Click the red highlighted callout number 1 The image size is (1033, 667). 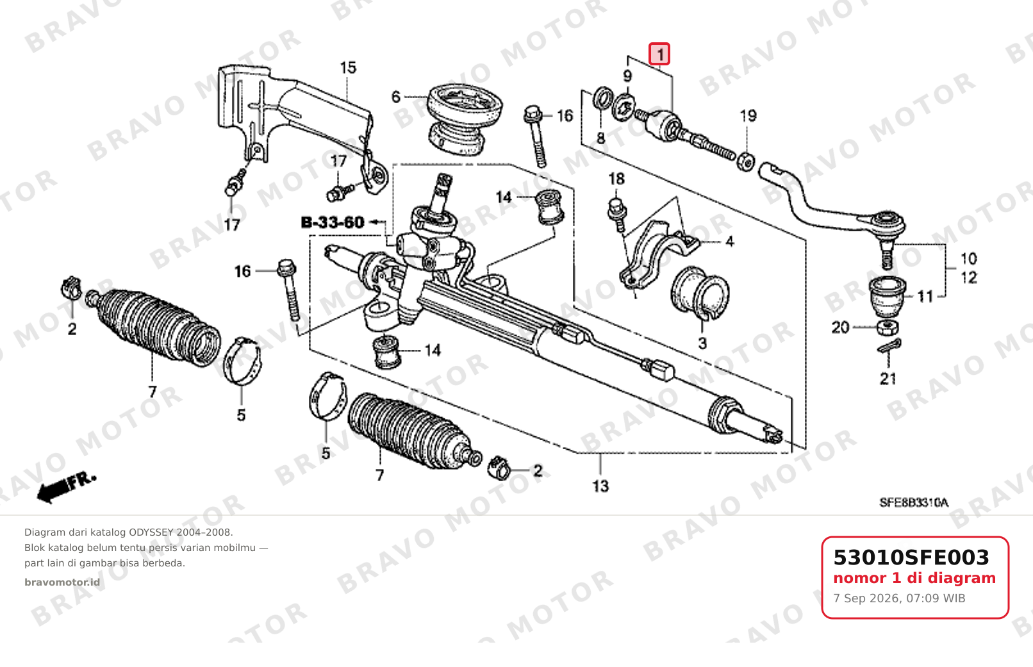tap(659, 54)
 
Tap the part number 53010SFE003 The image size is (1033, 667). tap(911, 557)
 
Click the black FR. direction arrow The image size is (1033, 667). tap(66, 487)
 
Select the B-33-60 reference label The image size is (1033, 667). tap(333, 222)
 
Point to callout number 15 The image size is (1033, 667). tap(348, 68)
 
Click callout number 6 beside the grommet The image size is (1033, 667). tap(396, 97)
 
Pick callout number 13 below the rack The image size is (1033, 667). tap(600, 486)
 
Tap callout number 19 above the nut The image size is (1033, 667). tap(748, 115)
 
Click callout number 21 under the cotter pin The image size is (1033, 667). tap(888, 379)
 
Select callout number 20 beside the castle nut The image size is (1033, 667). tap(840, 327)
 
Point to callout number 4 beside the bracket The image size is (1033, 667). tap(729, 242)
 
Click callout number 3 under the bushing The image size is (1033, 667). tap(702, 343)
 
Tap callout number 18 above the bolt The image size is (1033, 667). tap(616, 179)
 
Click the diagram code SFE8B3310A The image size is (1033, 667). tap(914, 502)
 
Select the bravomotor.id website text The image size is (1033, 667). tap(62, 582)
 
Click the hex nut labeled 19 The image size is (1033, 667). tap(746, 161)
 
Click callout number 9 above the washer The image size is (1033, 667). tap(627, 76)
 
